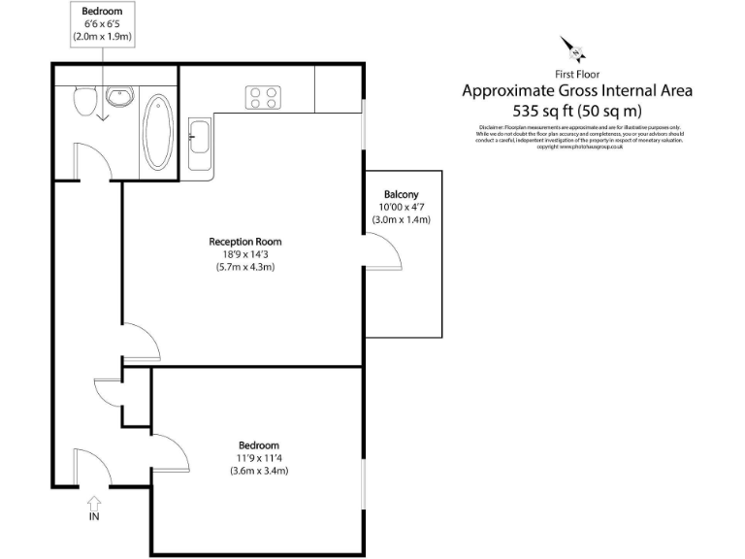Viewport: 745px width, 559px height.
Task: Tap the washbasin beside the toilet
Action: (x=119, y=97)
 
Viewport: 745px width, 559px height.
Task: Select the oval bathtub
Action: (x=156, y=133)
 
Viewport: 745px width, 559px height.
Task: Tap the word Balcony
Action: (x=401, y=194)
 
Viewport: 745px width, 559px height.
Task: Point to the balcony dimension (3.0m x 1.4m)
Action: (x=401, y=219)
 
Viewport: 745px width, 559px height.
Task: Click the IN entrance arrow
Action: (x=94, y=505)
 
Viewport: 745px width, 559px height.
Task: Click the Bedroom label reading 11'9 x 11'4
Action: (x=259, y=458)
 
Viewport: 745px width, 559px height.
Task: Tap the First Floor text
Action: (x=576, y=74)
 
